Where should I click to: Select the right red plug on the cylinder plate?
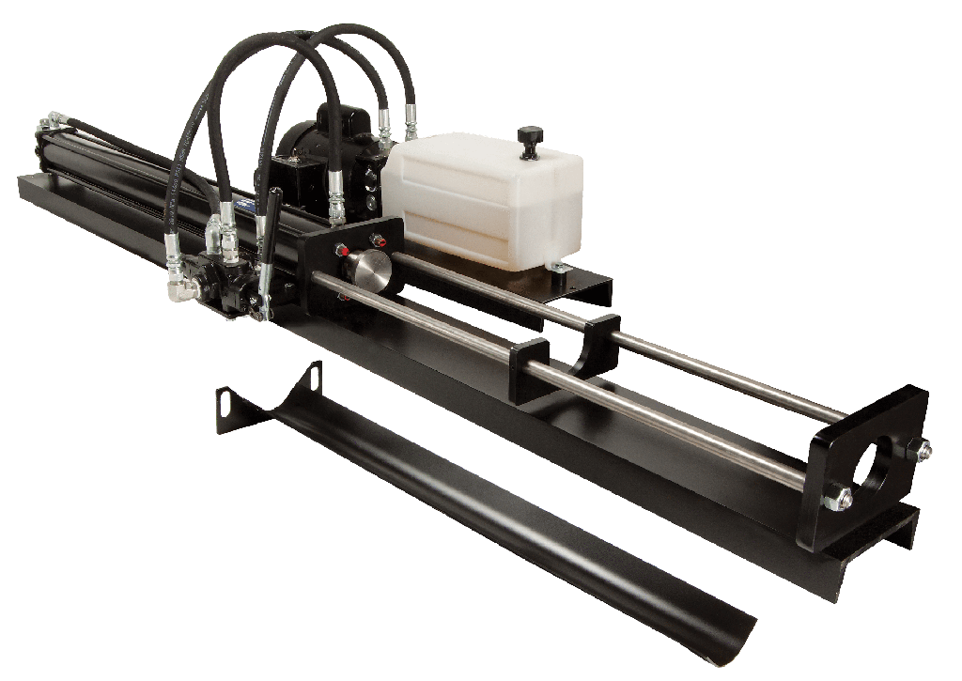click(380, 240)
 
